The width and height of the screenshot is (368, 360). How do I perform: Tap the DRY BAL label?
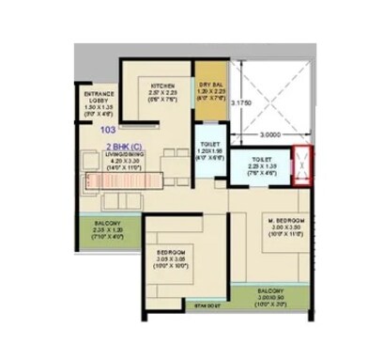tap(208, 86)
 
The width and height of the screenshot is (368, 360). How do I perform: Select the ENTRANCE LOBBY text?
tap(100, 98)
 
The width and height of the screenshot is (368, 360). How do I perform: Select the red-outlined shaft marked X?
tap(302, 168)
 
